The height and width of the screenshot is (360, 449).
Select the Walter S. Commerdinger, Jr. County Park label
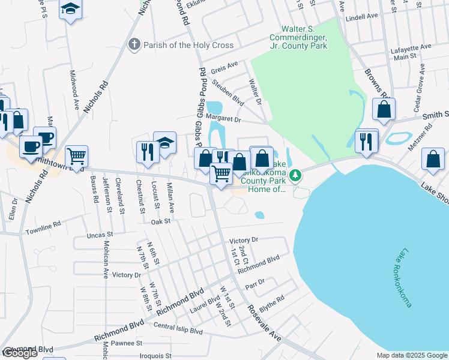click(x=304, y=38)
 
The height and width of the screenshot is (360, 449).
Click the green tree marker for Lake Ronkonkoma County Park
click(x=295, y=175)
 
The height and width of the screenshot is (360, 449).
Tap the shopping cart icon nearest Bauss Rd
click(x=77, y=157)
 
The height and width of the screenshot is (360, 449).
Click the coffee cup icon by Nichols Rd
click(x=31, y=145)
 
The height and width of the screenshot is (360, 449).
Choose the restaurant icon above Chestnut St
click(x=146, y=151)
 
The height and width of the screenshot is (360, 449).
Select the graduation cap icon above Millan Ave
click(x=164, y=143)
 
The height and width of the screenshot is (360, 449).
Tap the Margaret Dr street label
click(x=223, y=119)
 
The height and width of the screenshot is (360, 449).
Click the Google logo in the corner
click(x=20, y=353)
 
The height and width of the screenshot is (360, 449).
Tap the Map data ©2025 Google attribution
click(x=411, y=355)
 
